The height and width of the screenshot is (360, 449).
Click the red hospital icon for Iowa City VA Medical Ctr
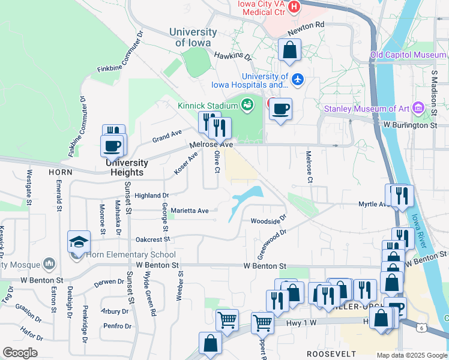294,7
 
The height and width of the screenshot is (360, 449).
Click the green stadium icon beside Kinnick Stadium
246,106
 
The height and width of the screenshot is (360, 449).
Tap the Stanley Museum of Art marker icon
419,109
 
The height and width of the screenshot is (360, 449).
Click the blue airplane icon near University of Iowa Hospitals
298,79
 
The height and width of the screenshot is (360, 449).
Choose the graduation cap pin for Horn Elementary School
79,242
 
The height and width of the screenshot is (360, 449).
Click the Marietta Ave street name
190,211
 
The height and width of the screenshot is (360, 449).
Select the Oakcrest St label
154,238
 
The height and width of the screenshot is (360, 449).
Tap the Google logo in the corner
20,352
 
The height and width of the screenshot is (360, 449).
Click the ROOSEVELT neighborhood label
331,354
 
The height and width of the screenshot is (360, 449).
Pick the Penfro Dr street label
117,326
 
